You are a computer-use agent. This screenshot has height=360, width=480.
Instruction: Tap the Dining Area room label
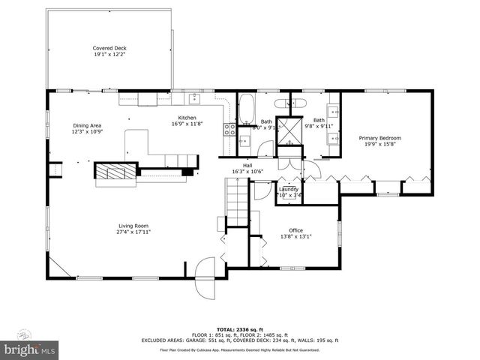[x=86, y=125]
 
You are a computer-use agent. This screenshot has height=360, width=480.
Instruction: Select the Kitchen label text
[x=187, y=118]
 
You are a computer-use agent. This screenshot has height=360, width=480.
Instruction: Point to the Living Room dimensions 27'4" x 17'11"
[x=133, y=232]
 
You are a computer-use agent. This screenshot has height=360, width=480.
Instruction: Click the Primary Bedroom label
[x=379, y=138]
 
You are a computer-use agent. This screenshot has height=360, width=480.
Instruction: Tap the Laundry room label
[x=289, y=189]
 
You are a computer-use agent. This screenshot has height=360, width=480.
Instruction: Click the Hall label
[x=247, y=165]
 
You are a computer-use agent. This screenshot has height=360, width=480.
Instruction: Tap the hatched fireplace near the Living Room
[x=115, y=172]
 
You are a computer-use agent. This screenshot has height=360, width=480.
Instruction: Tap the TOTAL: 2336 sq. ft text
[x=239, y=329]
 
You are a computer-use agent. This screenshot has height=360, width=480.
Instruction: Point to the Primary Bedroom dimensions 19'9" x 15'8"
[x=379, y=145]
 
